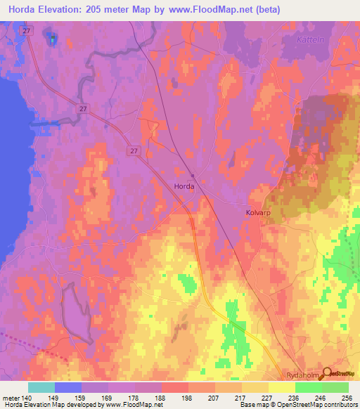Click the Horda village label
(x=185, y=186)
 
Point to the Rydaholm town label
(x=303, y=375)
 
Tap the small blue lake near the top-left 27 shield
(x=51, y=38)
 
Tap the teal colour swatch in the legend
(x=41, y=387)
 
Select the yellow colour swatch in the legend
(x=282, y=387)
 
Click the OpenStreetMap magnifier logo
(x=326, y=374)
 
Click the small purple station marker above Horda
(x=191, y=175)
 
